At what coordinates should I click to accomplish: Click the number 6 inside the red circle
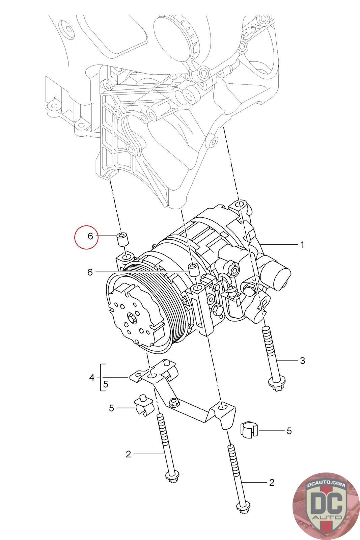pos(90,236)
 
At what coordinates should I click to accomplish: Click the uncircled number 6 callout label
pos(90,272)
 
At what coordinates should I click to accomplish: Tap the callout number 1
pos(302,244)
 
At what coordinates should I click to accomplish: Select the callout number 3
pos(302,360)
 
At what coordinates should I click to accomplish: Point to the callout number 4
pos(92,377)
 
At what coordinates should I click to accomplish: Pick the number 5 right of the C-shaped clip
pos(289,431)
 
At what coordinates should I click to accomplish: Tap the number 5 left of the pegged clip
pos(112,408)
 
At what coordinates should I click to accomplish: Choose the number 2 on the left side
pos(128,454)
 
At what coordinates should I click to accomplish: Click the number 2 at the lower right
pos(272,482)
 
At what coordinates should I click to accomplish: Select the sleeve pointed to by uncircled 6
pos(193,270)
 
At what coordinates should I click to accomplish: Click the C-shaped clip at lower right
pos(249,429)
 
